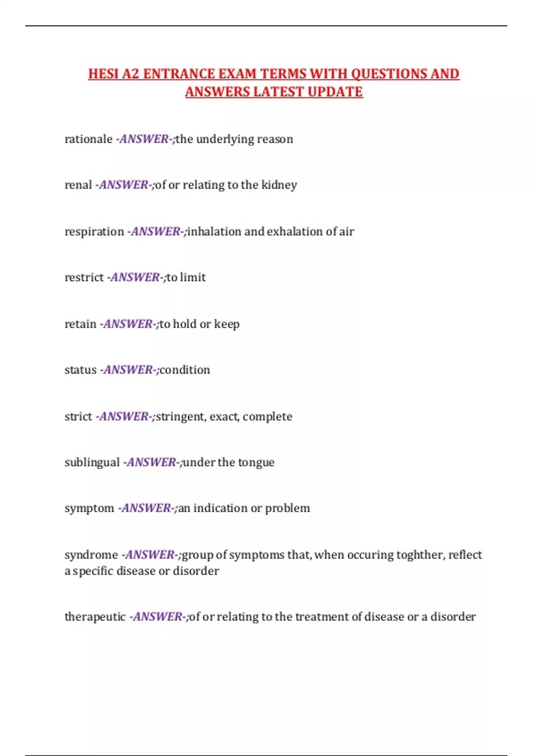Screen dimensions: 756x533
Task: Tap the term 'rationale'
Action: click(x=88, y=139)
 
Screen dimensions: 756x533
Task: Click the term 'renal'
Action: click(x=78, y=185)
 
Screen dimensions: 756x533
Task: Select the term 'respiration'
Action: click(x=94, y=232)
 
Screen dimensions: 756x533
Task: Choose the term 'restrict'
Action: click(x=84, y=277)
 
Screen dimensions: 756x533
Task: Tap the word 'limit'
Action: click(x=193, y=277)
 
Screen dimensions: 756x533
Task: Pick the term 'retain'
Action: click(x=80, y=324)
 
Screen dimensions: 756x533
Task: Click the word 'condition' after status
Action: click(x=185, y=370)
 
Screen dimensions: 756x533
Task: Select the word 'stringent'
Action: click(x=181, y=417)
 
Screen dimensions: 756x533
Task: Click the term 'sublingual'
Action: click(x=92, y=462)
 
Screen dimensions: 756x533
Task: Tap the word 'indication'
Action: click(x=220, y=508)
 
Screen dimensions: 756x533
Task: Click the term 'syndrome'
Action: click(x=91, y=555)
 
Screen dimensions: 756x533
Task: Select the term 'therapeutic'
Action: click(x=95, y=617)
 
